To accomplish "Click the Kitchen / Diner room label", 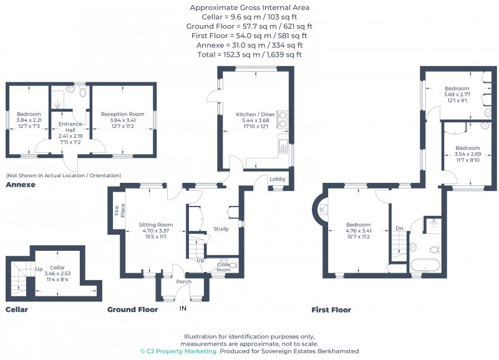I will point(255,115).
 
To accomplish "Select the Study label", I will point(221,228).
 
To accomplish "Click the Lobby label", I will point(277,179).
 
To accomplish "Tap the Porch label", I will point(184,281).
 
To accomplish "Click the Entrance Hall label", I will point(70,124).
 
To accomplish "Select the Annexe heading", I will point(21,185).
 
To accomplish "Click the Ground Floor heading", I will point(132,309).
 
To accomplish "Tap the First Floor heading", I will point(331,309).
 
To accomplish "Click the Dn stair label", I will point(399,229).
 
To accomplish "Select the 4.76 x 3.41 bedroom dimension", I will point(359,231).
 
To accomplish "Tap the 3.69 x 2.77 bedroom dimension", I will point(457,95).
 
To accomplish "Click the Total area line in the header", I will point(249,54).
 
